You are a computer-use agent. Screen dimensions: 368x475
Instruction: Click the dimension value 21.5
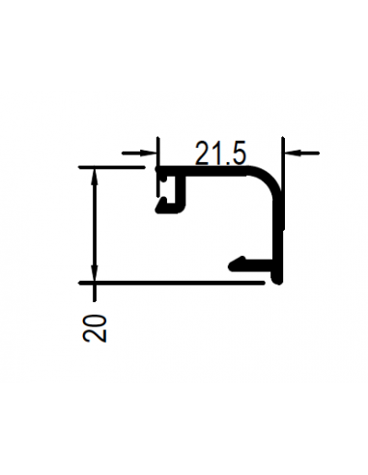[220, 154]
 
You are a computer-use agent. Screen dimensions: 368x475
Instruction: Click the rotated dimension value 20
[95, 328]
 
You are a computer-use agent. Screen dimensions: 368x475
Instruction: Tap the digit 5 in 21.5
[238, 154]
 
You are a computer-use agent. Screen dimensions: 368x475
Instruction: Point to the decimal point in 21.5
[226, 163]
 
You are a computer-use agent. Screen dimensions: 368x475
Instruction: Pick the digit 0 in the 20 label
[95, 321]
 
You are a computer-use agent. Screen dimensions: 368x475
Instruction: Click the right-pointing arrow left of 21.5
[139, 154]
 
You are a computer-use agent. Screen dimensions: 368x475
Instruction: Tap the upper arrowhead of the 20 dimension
[94, 176]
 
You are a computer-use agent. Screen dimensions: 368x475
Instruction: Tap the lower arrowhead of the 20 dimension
[94, 273]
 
